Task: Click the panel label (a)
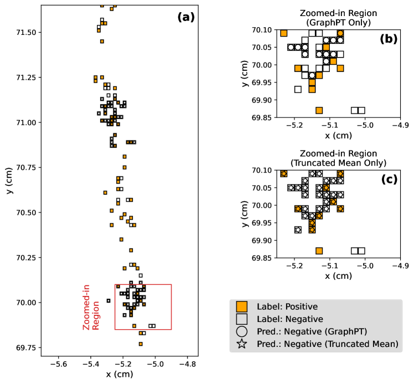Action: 186,17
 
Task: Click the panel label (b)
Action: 389,39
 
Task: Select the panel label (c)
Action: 389,180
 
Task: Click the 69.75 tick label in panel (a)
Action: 25,347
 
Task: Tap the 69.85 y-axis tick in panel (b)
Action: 262,118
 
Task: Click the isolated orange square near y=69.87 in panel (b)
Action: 319,110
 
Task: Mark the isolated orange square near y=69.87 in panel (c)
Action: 319,251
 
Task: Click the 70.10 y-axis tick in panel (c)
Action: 262,170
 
